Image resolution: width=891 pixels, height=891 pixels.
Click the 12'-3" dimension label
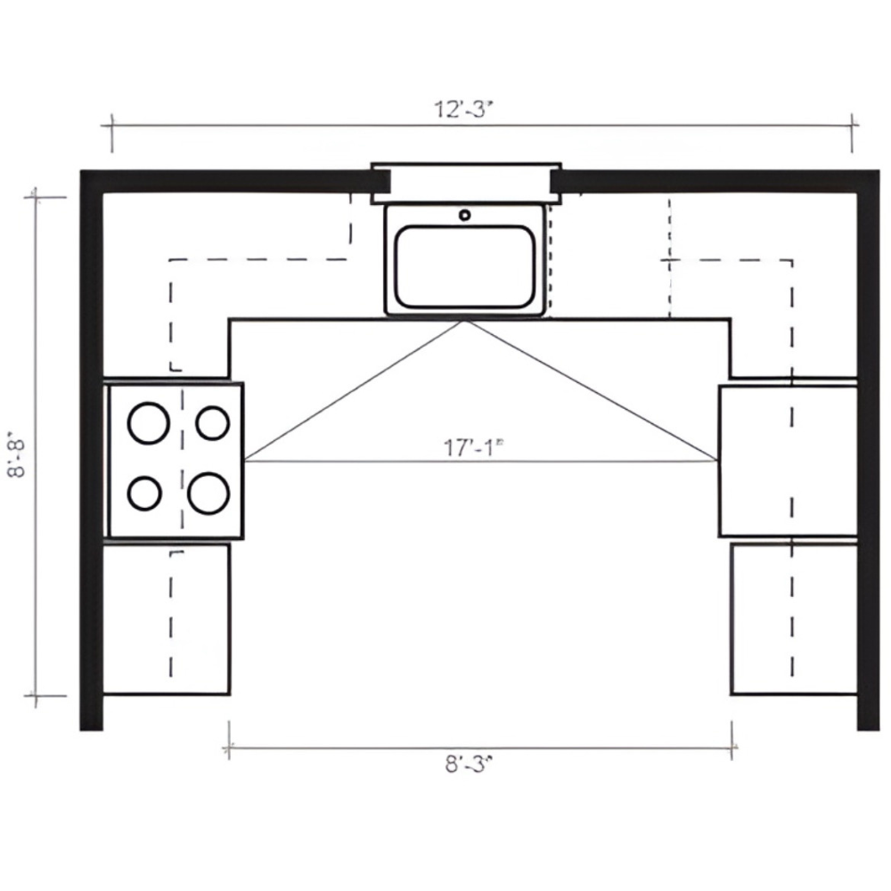point(462,109)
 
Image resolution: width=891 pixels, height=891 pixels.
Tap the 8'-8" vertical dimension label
point(17,457)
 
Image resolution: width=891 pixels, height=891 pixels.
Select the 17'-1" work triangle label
point(473,448)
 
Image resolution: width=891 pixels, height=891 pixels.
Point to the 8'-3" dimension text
point(468,764)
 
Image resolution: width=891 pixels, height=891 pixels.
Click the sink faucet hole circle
point(465,215)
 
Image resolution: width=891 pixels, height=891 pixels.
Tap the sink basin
point(465,266)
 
